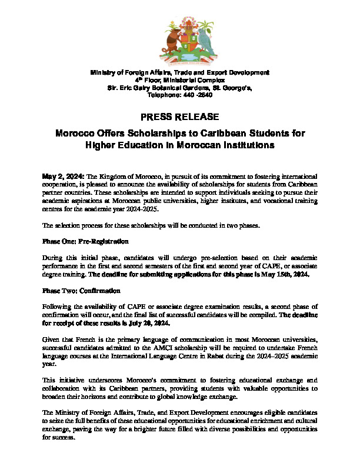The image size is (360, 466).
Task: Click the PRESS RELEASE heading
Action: tap(180, 116)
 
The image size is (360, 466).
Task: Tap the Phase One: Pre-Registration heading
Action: tap(86, 241)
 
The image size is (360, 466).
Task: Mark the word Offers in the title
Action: tap(116, 133)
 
